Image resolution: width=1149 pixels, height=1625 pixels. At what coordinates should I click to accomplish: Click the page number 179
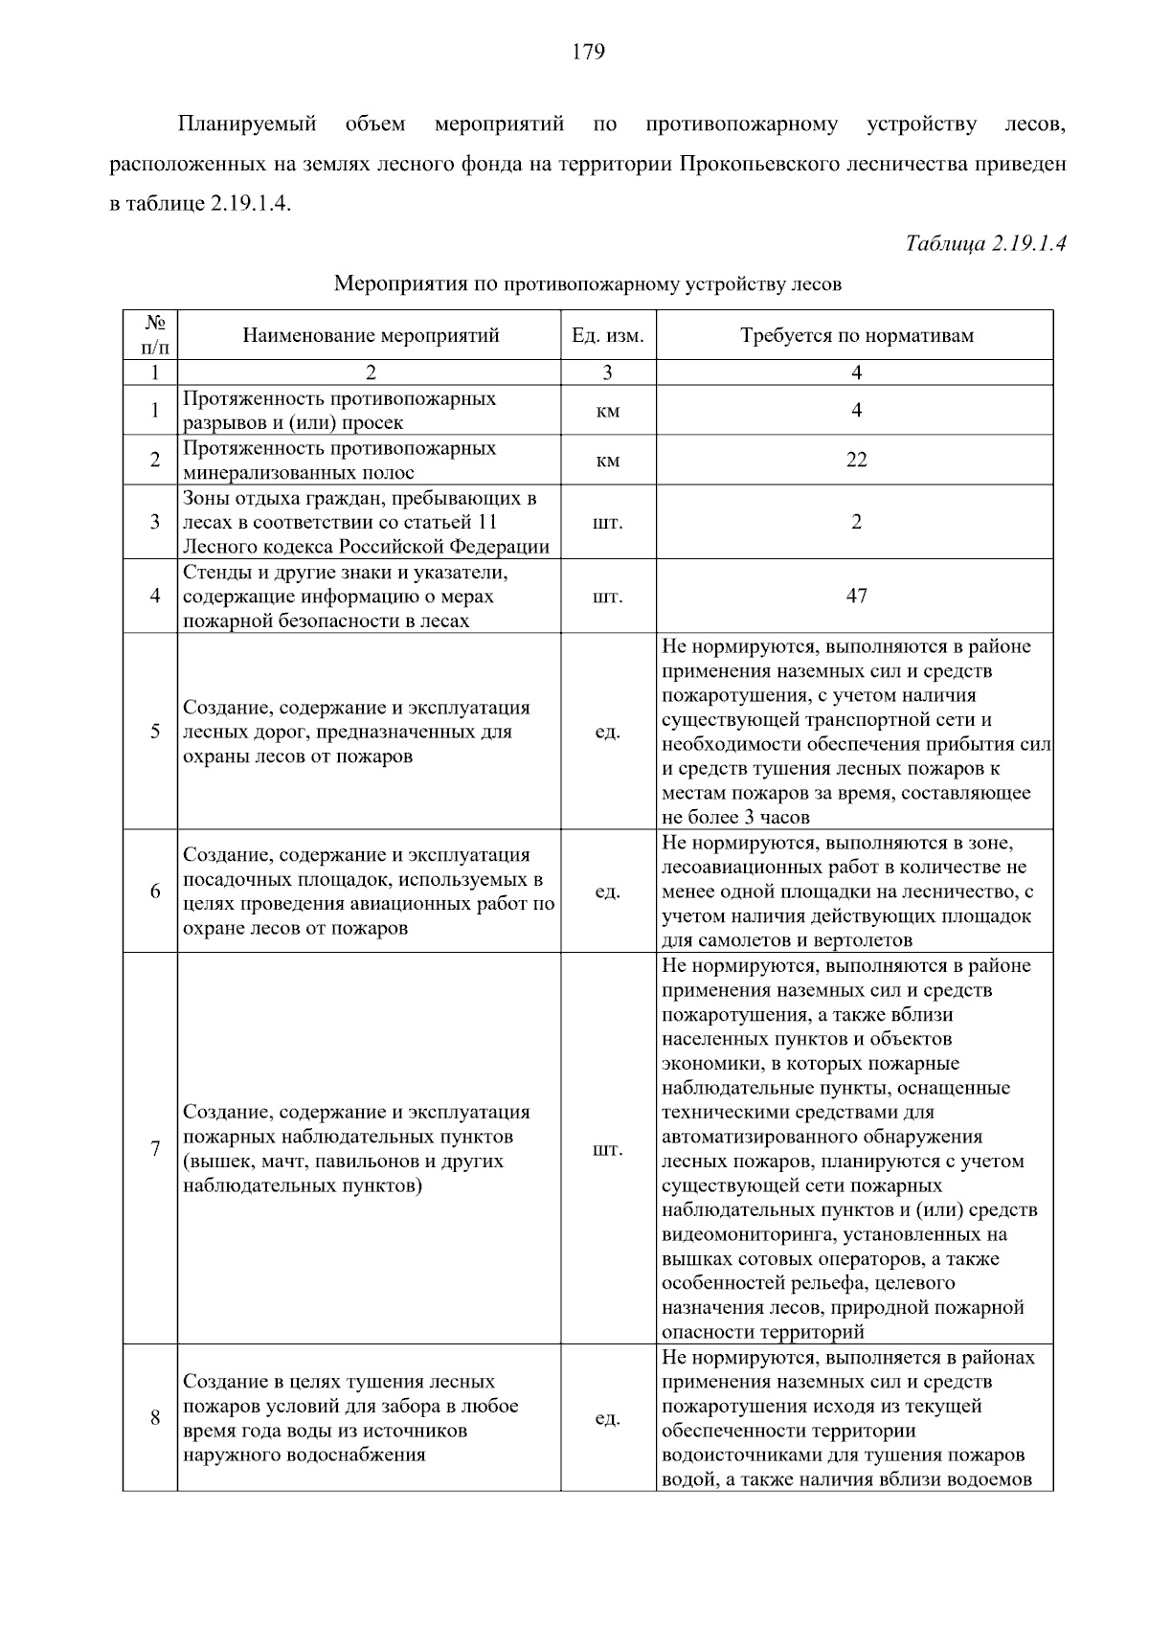click(588, 52)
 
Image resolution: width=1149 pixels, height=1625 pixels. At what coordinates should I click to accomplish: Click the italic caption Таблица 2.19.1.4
click(985, 243)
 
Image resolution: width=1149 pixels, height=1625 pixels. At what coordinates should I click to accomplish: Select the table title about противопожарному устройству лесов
click(587, 284)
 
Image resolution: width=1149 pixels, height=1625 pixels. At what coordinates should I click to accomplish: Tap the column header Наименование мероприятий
click(371, 335)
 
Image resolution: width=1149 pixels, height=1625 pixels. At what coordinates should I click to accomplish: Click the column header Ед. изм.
click(607, 335)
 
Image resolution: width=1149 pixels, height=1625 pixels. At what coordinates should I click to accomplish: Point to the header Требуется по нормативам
click(856, 335)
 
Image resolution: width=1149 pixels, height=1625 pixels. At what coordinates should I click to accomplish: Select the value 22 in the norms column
click(856, 460)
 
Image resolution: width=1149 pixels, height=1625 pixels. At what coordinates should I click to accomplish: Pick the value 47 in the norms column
click(856, 596)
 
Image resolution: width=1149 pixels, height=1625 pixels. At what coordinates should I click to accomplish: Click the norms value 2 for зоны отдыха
click(856, 522)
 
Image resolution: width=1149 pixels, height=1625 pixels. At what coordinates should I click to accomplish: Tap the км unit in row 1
click(607, 411)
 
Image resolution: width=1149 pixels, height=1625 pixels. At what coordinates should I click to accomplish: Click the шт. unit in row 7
click(607, 1149)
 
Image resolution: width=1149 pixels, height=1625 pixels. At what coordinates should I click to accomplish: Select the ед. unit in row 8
click(607, 1418)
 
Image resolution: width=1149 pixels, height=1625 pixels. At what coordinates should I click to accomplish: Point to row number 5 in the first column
click(155, 733)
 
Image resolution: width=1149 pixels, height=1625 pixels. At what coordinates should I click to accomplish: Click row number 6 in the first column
click(155, 891)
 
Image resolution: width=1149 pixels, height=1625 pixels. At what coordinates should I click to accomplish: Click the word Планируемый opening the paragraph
click(247, 124)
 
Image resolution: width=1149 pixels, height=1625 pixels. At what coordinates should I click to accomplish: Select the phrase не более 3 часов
click(735, 817)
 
